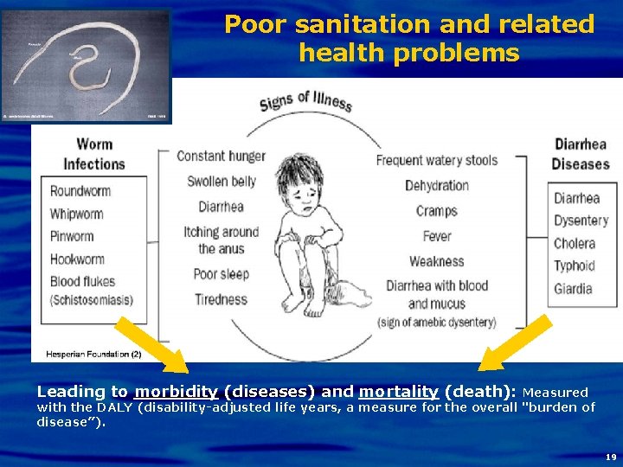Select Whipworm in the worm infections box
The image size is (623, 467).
[x=77, y=214]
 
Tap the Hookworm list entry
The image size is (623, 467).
[x=78, y=259]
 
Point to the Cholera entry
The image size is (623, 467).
[x=575, y=244]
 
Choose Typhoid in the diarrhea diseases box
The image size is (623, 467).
[x=575, y=266]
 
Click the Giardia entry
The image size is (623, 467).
[x=574, y=289]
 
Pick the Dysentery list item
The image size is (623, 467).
[x=581, y=221]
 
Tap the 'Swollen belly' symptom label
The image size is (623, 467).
[x=222, y=182]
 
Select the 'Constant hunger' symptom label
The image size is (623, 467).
[x=221, y=157]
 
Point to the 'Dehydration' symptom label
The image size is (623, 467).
[x=437, y=186]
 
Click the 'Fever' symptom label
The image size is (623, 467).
[x=437, y=236]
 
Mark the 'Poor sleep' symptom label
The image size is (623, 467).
[x=221, y=274]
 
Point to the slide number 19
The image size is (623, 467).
[x=611, y=456]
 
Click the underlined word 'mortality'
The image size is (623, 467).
[x=399, y=391]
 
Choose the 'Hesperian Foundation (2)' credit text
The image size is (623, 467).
[x=88, y=354]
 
